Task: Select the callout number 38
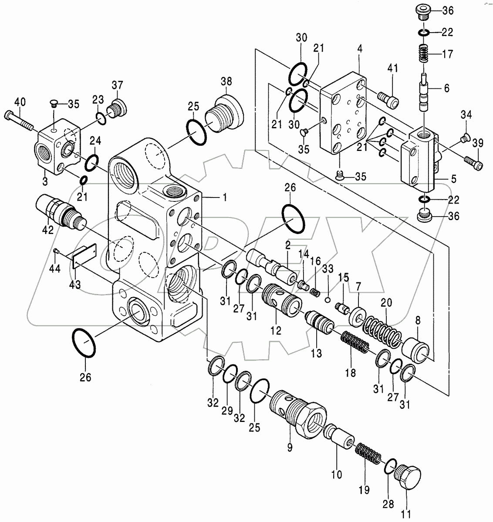(227, 81)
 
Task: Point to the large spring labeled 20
(382, 331)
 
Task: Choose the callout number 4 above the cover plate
(359, 49)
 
